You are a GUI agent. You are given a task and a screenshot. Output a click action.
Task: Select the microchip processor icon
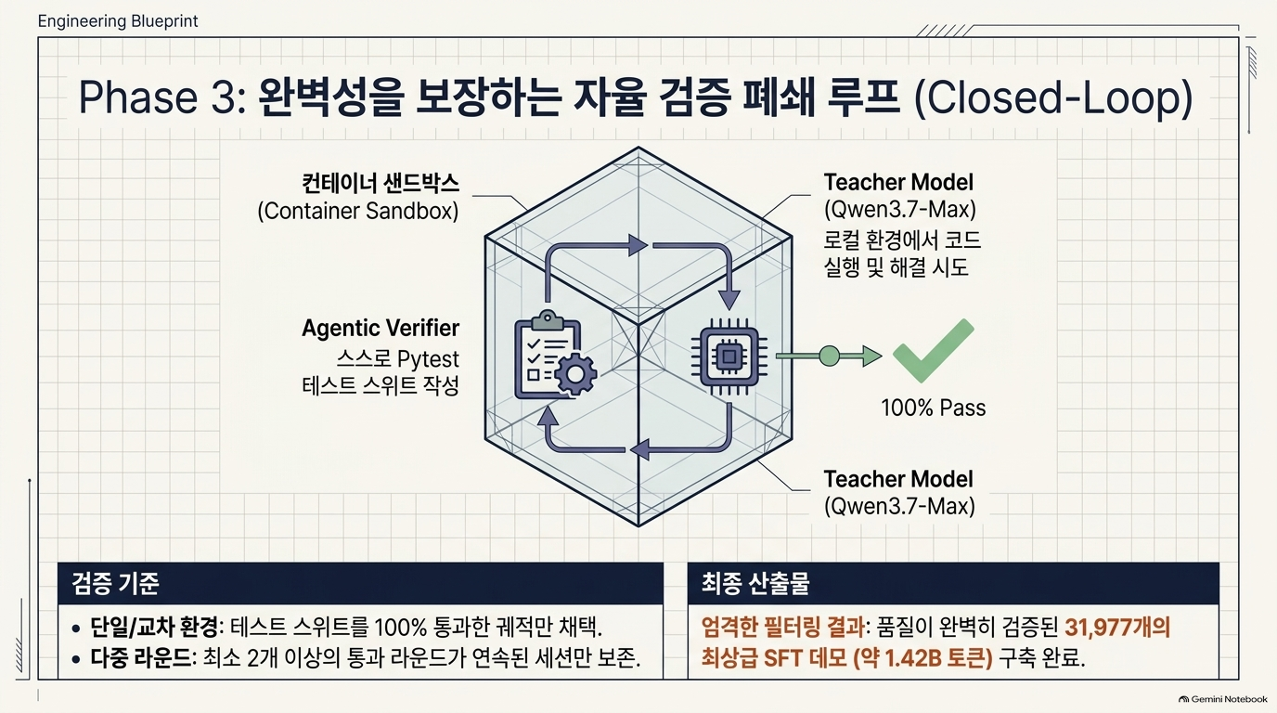pos(729,356)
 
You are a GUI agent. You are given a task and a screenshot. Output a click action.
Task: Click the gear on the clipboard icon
pos(575,373)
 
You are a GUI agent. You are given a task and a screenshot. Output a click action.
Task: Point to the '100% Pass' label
pos(934,408)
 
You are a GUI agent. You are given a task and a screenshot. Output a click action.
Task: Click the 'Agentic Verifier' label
pos(381,328)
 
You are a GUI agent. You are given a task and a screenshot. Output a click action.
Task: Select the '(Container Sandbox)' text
pos(358,211)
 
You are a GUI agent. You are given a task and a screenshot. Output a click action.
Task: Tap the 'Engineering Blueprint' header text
pos(118,21)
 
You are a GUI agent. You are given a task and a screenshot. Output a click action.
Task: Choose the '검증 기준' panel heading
pos(116,583)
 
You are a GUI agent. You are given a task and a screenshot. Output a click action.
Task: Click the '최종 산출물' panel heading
pos(755,583)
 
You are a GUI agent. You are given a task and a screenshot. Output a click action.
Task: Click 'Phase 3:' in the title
pos(162,97)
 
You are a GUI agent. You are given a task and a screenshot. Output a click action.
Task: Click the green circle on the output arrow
pos(830,356)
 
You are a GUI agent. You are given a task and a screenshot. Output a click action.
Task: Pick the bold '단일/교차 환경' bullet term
pos(154,628)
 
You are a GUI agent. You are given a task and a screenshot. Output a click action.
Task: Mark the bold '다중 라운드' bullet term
pos(141,659)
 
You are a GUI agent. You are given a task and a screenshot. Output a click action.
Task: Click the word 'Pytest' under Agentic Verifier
pos(428,359)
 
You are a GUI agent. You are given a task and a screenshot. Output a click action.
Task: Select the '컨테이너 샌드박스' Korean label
pos(381,183)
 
